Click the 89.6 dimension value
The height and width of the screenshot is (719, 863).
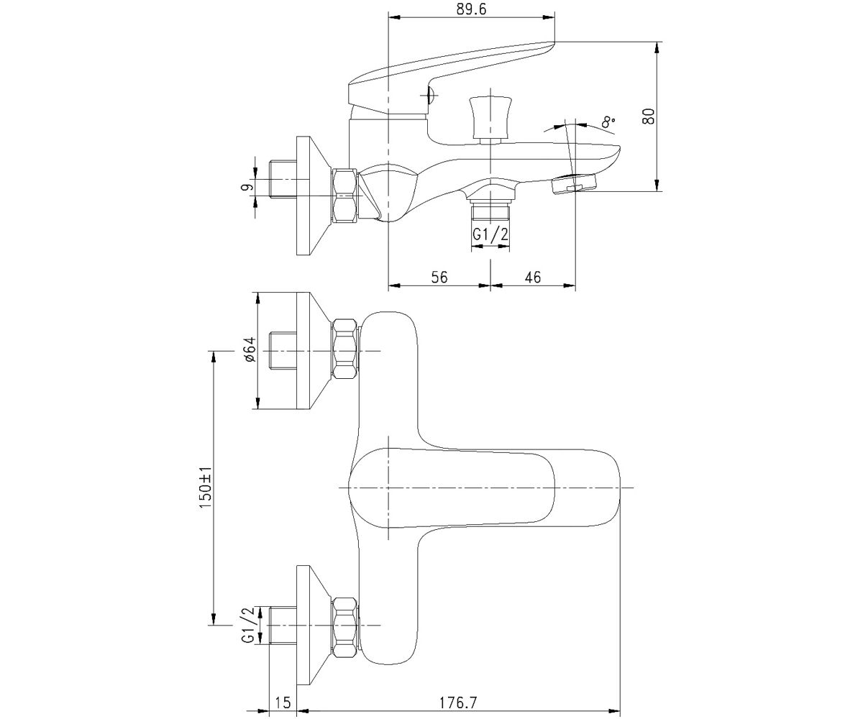click(x=471, y=9)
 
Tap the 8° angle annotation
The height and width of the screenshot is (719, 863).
click(x=608, y=122)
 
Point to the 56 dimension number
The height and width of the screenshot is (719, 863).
click(x=439, y=276)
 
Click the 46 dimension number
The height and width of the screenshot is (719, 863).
click(x=532, y=276)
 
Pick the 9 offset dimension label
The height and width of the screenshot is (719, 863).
click(x=247, y=187)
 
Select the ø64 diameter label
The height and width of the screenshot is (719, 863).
click(x=250, y=349)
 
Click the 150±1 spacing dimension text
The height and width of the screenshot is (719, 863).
click(x=206, y=487)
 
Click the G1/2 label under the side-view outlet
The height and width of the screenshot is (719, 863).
click(x=490, y=234)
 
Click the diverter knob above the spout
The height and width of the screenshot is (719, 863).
click(x=490, y=120)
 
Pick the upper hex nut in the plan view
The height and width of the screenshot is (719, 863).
click(x=344, y=349)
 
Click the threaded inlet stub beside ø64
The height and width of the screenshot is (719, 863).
click(x=283, y=350)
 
